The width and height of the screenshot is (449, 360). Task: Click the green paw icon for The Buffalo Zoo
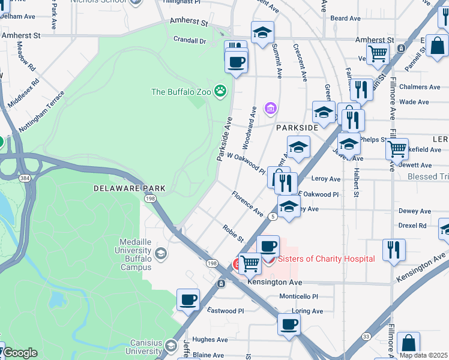[221, 92]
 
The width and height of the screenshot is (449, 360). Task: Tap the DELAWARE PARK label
[120, 188]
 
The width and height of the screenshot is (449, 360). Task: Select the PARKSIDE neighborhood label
[297, 128]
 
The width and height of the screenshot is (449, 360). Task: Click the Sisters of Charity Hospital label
[326, 259]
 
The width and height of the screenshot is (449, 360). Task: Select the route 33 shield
[366, 337]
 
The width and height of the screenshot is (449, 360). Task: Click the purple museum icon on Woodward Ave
[271, 108]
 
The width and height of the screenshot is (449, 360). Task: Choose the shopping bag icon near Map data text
[408, 343]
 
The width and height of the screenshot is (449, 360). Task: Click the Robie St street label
[233, 234]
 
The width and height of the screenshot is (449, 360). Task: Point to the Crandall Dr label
[189, 41]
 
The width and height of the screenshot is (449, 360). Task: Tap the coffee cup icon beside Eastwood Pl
[188, 299]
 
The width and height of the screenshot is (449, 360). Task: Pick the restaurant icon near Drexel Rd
[394, 249]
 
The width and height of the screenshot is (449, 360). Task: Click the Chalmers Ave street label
[420, 87]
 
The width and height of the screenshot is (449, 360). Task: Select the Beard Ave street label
[346, 19]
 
